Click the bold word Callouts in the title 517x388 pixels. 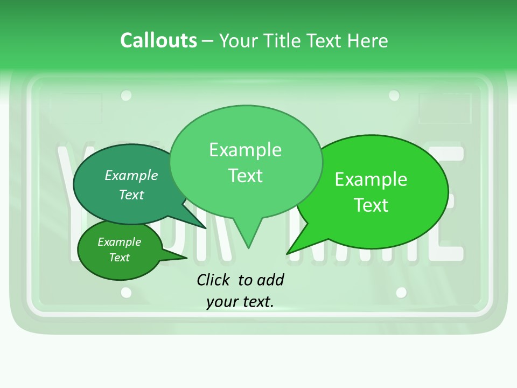pos(158,40)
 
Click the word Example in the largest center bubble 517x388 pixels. pos(245,150)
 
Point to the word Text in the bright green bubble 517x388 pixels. pos(371,205)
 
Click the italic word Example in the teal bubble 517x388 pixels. pos(131,175)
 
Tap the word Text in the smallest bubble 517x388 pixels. pos(119,258)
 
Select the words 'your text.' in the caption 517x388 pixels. pos(240,302)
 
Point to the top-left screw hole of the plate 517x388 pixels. pos(126,95)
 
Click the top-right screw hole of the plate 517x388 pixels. pos(394,95)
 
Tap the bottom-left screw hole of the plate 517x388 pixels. pos(126,293)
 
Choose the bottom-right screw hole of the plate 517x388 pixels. pos(401,293)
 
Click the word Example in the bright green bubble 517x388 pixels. pos(371,179)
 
